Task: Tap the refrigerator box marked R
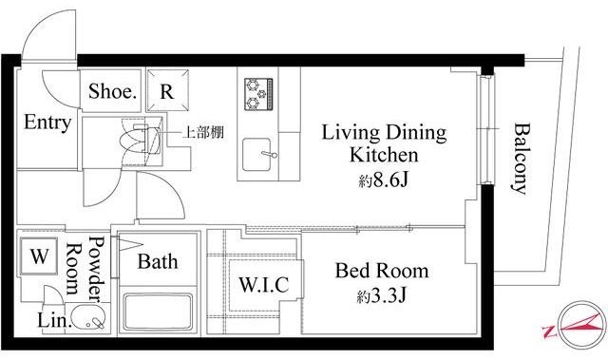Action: point(166,92)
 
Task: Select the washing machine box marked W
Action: point(39,257)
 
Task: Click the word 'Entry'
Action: point(47,123)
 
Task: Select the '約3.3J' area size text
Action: point(382,295)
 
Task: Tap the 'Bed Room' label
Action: point(382,272)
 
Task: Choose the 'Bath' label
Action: point(154,261)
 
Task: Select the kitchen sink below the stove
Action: point(258,153)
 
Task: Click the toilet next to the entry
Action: point(141,138)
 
